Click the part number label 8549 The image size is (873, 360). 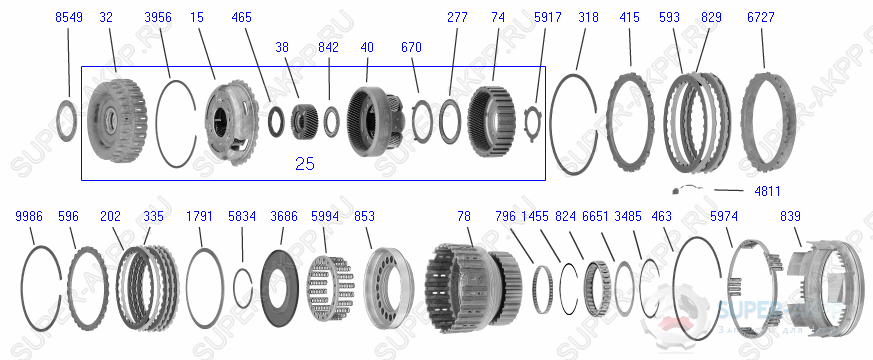click(x=69, y=19)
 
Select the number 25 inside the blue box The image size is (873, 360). click(x=304, y=164)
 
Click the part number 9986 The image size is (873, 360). click(x=29, y=216)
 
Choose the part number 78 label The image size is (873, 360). click(x=463, y=216)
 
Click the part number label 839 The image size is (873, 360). click(x=790, y=216)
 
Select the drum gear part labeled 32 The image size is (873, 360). click(x=115, y=119)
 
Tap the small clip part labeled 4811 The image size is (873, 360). click(x=683, y=190)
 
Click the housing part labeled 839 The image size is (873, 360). click(x=825, y=289)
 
